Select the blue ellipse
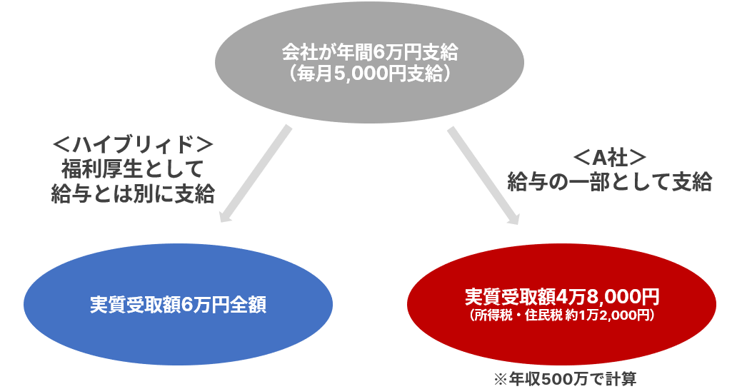178,304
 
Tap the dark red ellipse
562,304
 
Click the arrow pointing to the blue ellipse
255,174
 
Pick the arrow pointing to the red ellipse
483,176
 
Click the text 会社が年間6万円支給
369,52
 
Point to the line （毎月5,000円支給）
369,74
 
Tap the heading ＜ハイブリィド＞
133,146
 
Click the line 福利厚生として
133,169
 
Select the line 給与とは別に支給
133,193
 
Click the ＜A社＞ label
609,158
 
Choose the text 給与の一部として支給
610,182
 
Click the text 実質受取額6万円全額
178,305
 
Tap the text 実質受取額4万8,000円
562,296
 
